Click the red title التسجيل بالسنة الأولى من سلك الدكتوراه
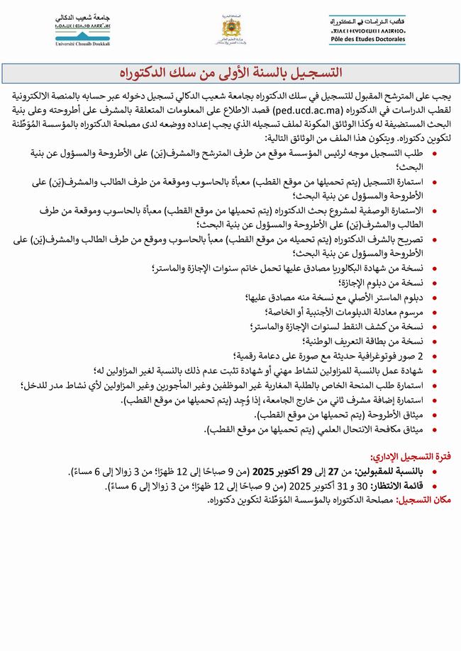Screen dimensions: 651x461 pos(230,74)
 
